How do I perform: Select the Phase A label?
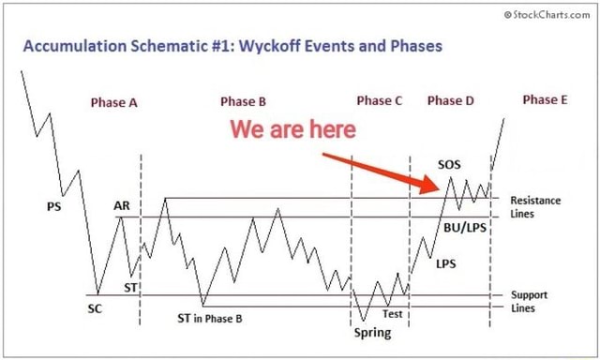(114, 102)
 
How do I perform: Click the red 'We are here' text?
(292, 128)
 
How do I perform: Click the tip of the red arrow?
(440, 190)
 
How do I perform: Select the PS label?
(52, 208)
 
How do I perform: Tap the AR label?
(122, 205)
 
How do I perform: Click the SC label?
(95, 307)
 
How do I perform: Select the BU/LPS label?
(465, 227)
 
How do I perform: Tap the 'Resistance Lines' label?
(535, 206)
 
